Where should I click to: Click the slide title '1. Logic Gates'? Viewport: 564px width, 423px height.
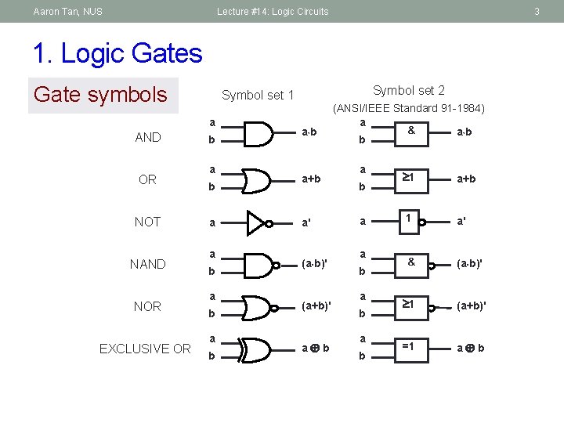point(117,53)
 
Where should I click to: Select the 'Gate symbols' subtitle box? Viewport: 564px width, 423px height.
point(100,95)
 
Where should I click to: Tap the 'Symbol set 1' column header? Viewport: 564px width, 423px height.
point(258,96)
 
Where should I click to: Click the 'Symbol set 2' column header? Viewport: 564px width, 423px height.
point(408,91)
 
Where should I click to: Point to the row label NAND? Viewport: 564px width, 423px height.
point(149,264)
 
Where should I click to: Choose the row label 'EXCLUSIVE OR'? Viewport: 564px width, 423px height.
point(145,349)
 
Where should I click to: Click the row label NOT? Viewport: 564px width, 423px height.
point(147,222)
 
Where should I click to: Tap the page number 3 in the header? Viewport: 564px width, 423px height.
point(537,12)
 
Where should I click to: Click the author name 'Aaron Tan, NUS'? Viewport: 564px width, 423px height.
point(68,12)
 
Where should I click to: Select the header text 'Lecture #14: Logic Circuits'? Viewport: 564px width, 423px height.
point(273,12)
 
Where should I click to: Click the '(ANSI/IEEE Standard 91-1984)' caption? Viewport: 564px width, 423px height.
point(409,108)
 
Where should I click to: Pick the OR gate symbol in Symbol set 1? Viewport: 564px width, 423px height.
point(258,179)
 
